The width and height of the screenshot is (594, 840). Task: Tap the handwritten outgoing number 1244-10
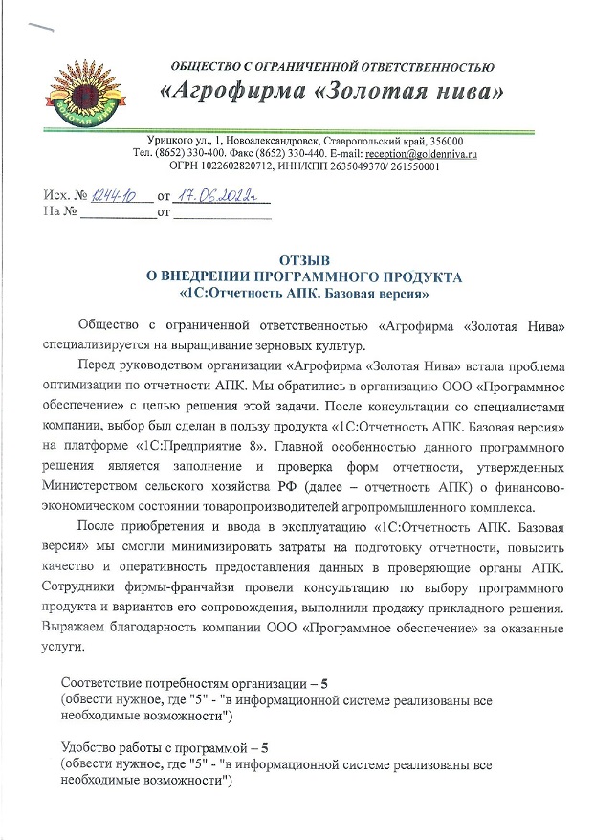click(113, 197)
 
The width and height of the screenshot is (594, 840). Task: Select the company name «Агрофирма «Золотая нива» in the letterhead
click(331, 94)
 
